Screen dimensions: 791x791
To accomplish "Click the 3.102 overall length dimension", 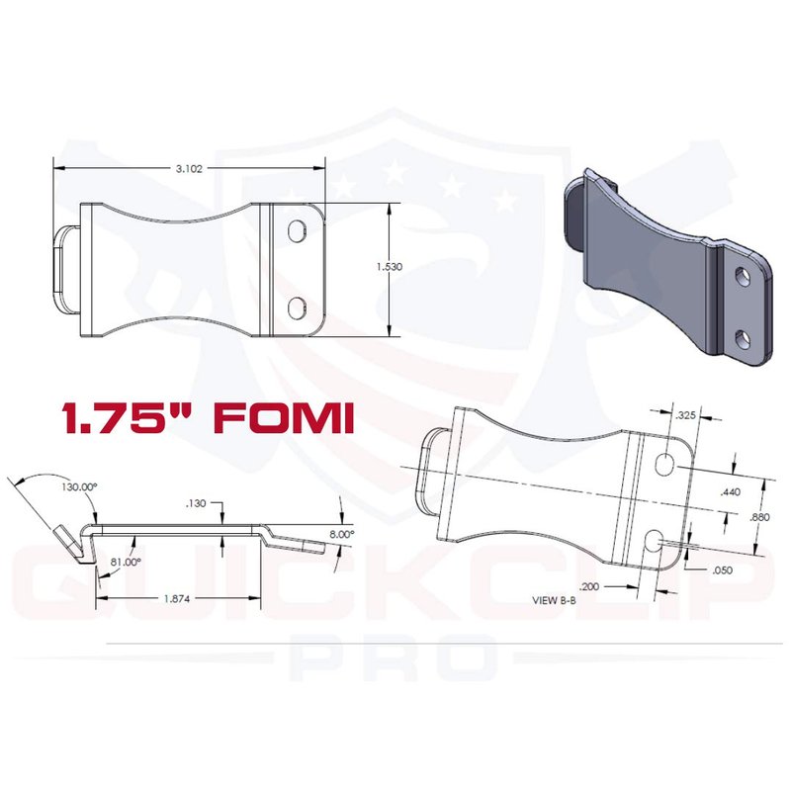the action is (189, 168).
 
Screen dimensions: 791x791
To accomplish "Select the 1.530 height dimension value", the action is (390, 267).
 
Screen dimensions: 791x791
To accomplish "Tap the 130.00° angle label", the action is (79, 487).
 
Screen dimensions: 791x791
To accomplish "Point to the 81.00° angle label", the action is (126, 562).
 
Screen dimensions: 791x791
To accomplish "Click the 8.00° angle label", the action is (341, 534).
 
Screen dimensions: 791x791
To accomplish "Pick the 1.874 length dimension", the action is (177, 599).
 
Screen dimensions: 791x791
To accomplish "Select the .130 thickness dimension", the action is (196, 503).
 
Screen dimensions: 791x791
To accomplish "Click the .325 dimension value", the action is (685, 415).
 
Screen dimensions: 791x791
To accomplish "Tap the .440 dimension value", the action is (731, 491).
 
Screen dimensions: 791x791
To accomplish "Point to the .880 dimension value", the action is (759, 517).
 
